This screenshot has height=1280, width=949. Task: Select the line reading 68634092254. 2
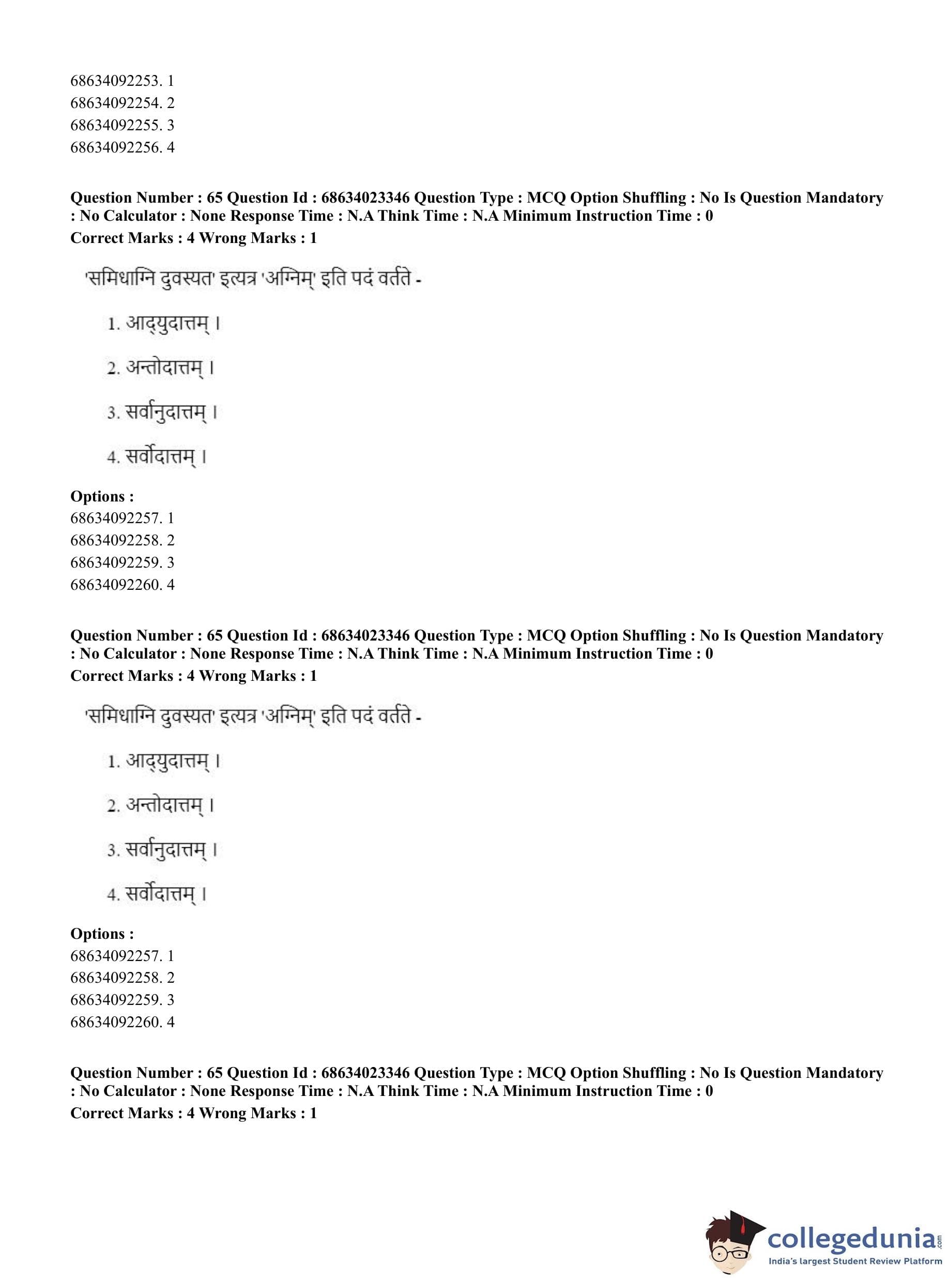click(122, 103)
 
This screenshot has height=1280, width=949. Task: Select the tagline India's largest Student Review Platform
click(855, 1261)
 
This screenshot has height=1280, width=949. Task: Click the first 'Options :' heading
click(102, 496)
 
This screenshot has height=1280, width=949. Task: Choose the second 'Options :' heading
click(102, 934)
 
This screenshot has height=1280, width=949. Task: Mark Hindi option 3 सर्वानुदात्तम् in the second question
click(163, 850)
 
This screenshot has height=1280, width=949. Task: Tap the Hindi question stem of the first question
click(253, 280)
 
